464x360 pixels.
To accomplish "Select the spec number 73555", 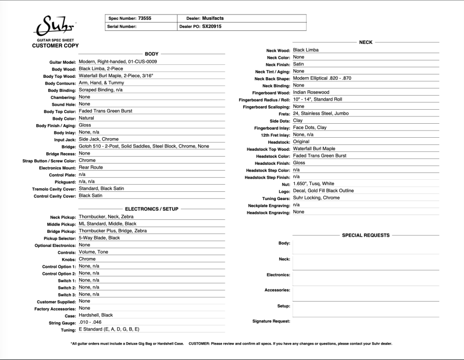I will [x=145, y=18].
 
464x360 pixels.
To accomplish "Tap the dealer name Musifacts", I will [x=213, y=18].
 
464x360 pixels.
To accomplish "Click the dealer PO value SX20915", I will [x=212, y=27].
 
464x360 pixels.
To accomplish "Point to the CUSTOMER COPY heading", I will [x=55, y=45].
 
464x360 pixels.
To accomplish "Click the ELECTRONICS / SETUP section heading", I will [x=152, y=209].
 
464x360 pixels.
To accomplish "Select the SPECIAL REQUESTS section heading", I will [x=365, y=235].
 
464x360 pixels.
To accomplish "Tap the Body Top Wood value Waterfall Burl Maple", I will [x=116, y=76].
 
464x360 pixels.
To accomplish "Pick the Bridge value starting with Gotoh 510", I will [x=144, y=146].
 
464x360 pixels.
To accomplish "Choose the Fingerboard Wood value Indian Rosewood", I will [x=311, y=92].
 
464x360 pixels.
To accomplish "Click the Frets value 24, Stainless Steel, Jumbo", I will [x=320, y=114].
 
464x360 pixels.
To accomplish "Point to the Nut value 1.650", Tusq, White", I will [x=313, y=184].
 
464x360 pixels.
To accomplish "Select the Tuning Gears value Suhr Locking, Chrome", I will [x=316, y=198].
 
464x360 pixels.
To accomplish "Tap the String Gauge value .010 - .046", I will [x=90, y=322].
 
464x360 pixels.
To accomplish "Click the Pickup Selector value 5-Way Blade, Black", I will [x=99, y=238].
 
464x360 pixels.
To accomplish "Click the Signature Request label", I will [x=271, y=321].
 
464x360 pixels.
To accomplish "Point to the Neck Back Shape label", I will [x=272, y=79].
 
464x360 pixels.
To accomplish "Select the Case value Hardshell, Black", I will [x=96, y=315].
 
